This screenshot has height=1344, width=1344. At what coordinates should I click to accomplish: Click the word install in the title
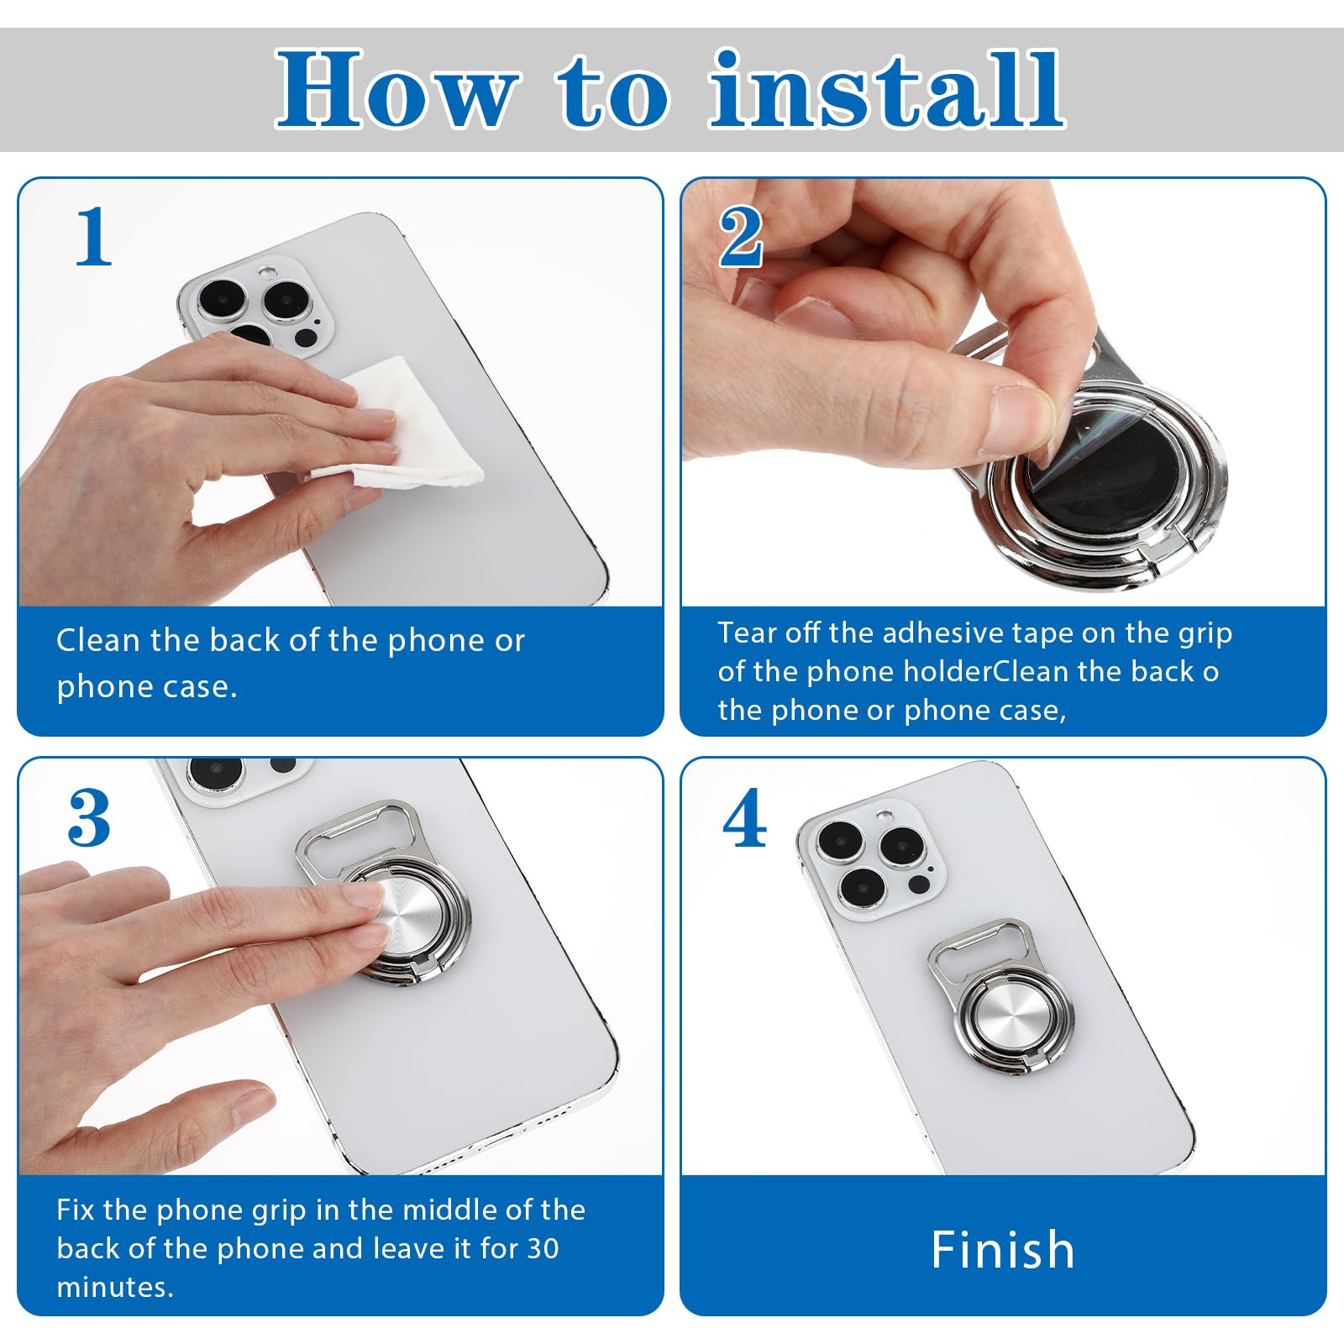tap(887, 91)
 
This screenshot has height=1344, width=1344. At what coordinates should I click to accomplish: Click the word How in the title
tap(395, 91)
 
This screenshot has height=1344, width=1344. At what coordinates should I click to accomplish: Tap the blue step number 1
tap(93, 238)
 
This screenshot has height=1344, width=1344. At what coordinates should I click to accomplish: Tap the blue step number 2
tap(741, 238)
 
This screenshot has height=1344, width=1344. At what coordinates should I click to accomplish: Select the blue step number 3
tap(89, 818)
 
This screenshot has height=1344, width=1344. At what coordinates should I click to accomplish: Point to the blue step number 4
tap(744, 818)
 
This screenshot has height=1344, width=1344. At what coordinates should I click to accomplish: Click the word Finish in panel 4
tap(1003, 1250)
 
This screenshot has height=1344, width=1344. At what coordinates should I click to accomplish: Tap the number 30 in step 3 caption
tap(542, 1248)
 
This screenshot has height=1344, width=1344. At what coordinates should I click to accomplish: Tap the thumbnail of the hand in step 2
tap(1021, 420)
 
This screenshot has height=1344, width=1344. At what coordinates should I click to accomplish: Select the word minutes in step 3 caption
tap(114, 1287)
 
